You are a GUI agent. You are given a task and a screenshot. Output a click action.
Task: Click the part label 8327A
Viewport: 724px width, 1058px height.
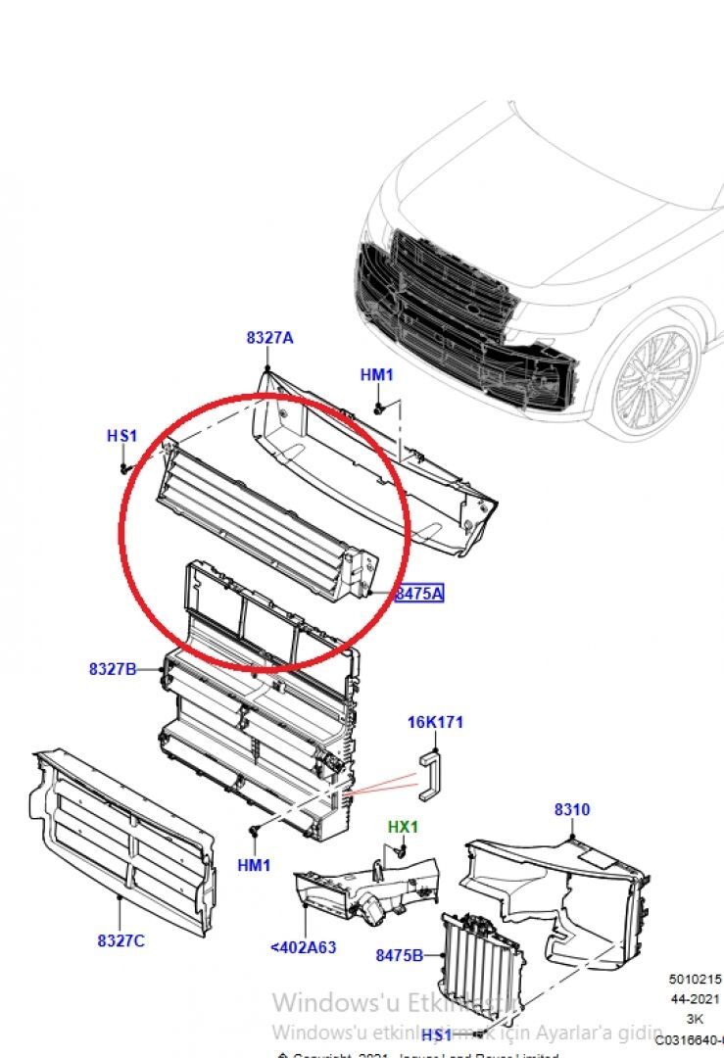pyautogui.click(x=269, y=338)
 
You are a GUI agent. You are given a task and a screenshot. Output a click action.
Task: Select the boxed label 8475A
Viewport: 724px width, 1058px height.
pyautogui.click(x=419, y=593)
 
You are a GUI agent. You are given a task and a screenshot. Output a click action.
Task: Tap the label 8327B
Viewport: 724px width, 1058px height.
pyautogui.click(x=113, y=669)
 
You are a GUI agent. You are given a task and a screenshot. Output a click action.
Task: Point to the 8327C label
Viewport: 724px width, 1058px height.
pyautogui.click(x=121, y=940)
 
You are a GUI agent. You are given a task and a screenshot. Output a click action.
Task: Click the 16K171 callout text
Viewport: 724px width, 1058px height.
pyautogui.click(x=435, y=723)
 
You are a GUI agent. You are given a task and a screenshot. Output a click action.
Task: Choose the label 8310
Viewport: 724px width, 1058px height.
pyautogui.click(x=571, y=810)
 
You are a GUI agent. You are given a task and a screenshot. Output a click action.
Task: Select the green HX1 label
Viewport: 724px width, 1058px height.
pyautogui.click(x=402, y=827)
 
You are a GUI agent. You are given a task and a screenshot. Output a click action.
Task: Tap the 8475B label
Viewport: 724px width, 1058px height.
pyautogui.click(x=399, y=954)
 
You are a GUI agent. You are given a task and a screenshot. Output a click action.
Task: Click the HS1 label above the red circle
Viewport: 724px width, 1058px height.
pyautogui.click(x=122, y=436)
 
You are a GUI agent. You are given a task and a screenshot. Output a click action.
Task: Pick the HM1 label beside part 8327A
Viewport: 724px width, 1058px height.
pyautogui.click(x=376, y=375)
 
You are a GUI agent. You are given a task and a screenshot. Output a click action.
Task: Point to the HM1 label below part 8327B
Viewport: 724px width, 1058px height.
pyautogui.click(x=254, y=865)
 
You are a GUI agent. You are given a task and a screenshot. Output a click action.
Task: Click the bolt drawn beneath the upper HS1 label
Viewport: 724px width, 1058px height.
pyautogui.click(x=125, y=468)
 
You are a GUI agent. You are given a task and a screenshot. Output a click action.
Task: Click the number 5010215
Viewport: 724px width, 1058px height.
pyautogui.click(x=696, y=979)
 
